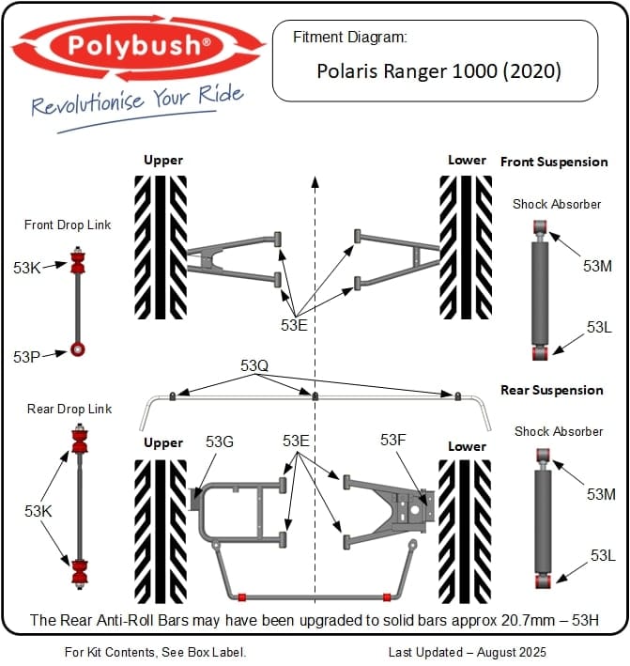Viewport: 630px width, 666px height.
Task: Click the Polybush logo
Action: click(139, 46)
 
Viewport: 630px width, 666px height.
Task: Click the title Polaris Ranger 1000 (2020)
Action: click(438, 71)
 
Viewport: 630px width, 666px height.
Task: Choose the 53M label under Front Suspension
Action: click(597, 266)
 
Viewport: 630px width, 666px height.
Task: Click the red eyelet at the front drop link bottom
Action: click(79, 351)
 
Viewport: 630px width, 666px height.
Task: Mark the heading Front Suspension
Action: click(554, 162)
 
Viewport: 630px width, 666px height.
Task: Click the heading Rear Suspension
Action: click(552, 390)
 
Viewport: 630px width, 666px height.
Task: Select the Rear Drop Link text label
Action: click(69, 409)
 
